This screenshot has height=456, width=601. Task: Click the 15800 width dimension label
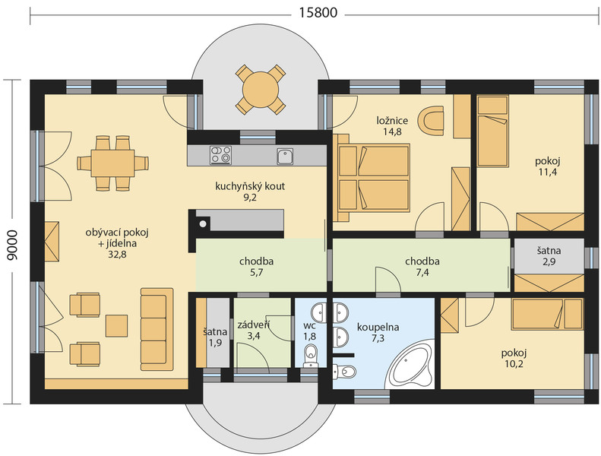[x=318, y=13]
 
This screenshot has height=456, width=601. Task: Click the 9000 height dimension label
[x=12, y=245]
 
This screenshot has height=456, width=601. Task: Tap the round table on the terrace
[x=261, y=90]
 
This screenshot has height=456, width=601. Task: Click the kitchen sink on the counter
[x=285, y=156]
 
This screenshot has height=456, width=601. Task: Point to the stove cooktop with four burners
[x=221, y=155]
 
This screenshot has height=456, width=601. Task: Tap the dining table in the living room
[x=112, y=163]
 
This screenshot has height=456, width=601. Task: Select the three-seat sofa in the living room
[x=157, y=329]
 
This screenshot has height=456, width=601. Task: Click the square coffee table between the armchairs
[x=116, y=325]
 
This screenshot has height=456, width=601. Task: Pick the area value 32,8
[x=117, y=255]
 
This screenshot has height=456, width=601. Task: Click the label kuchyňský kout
[x=250, y=186]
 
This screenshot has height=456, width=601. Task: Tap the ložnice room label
[x=392, y=121]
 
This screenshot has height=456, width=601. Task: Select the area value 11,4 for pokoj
[x=548, y=172]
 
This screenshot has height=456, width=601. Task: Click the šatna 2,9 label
[x=549, y=256]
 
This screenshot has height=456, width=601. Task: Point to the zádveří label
[x=253, y=325]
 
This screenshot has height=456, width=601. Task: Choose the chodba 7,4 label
[x=422, y=267]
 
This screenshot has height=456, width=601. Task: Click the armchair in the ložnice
[x=432, y=119]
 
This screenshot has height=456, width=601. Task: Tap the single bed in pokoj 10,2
[x=547, y=314]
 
